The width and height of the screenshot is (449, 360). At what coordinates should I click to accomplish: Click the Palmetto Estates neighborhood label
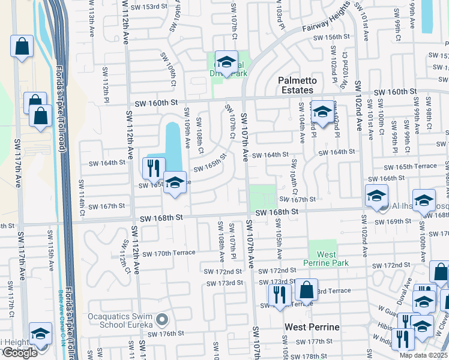point(295,85)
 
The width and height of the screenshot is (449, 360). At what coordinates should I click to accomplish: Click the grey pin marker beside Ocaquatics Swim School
point(160,319)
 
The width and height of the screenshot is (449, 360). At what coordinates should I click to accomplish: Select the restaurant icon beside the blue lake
point(155,167)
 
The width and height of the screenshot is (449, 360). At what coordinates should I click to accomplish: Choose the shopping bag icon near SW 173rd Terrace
point(306,290)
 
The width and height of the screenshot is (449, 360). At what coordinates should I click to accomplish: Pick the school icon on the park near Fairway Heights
point(226,62)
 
